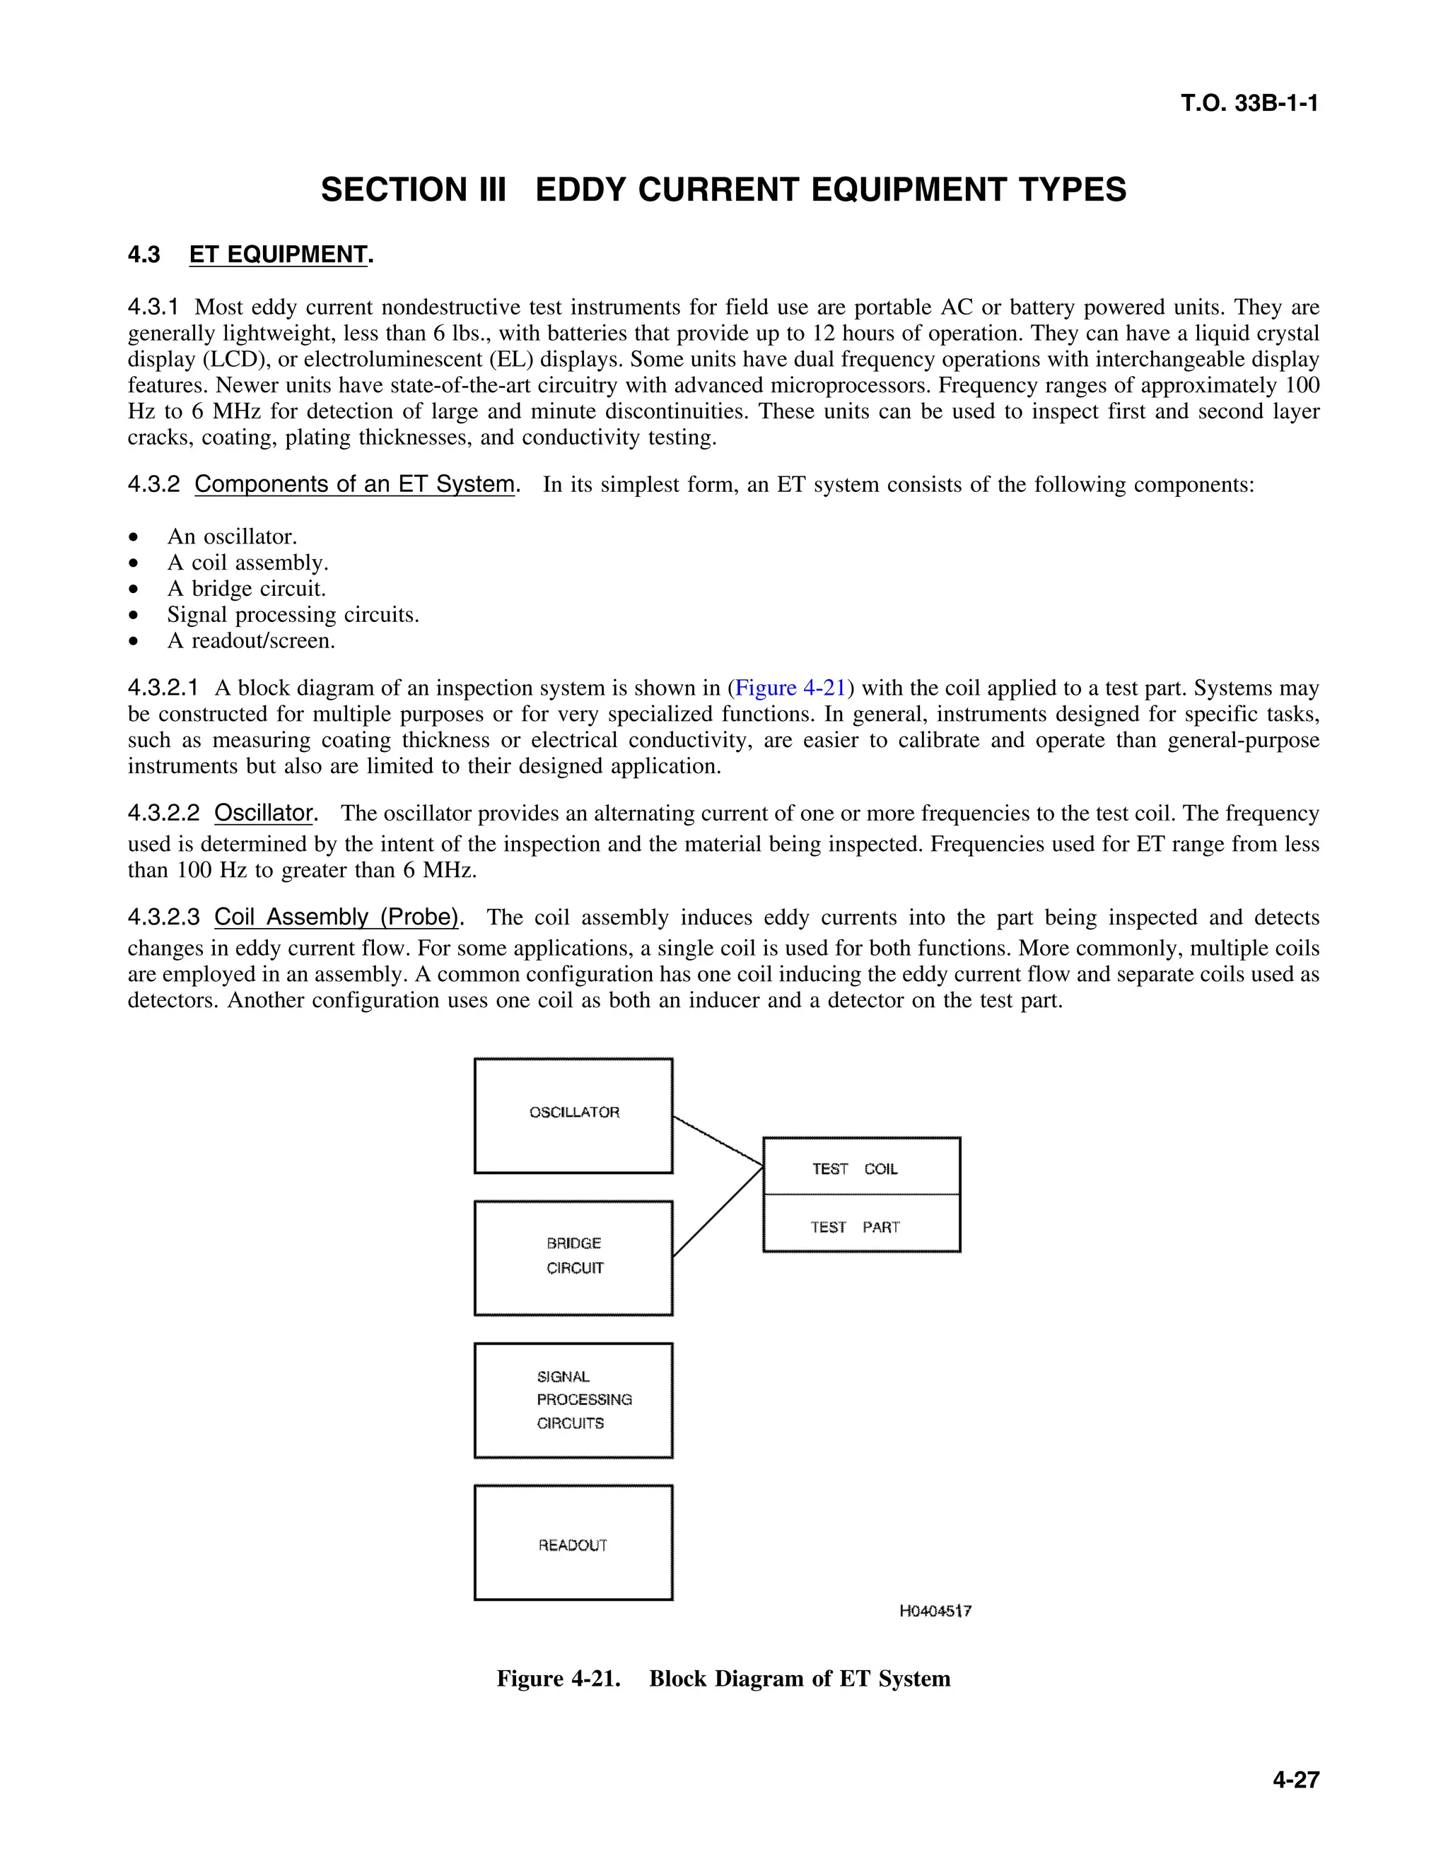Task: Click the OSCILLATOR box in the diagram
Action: [x=573, y=1115]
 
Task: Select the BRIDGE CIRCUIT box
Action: [x=573, y=1257]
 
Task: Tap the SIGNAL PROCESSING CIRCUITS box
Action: [x=573, y=1399]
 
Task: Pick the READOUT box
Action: [x=573, y=1544]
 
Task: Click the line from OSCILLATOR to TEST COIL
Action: [x=718, y=1141]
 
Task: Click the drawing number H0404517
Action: [x=935, y=1611]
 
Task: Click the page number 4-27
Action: [x=1295, y=1780]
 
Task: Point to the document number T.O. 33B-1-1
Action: [x=1249, y=104]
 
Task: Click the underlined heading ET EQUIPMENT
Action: [x=278, y=254]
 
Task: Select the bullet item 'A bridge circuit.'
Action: [x=246, y=588]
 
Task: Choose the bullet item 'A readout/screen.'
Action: [x=250, y=640]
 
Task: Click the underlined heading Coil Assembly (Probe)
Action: [x=337, y=917]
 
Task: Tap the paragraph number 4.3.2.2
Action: [x=163, y=813]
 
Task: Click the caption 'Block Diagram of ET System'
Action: [x=800, y=1679]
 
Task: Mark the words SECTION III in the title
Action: [x=414, y=189]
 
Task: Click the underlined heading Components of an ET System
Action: [x=354, y=483]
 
